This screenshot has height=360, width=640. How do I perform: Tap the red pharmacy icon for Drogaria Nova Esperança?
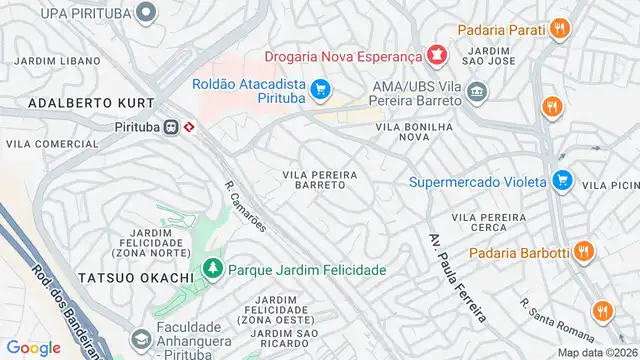[x=435, y=54]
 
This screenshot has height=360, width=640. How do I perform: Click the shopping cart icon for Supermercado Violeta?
[x=562, y=181]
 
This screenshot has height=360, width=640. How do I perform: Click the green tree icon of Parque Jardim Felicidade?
[x=212, y=269]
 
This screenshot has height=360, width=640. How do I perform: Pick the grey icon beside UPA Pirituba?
[x=147, y=13]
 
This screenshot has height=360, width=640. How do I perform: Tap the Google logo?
[x=33, y=347]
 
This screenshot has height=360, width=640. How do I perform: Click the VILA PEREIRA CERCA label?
[x=488, y=223]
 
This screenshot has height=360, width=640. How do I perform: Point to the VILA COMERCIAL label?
[x=38, y=144]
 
